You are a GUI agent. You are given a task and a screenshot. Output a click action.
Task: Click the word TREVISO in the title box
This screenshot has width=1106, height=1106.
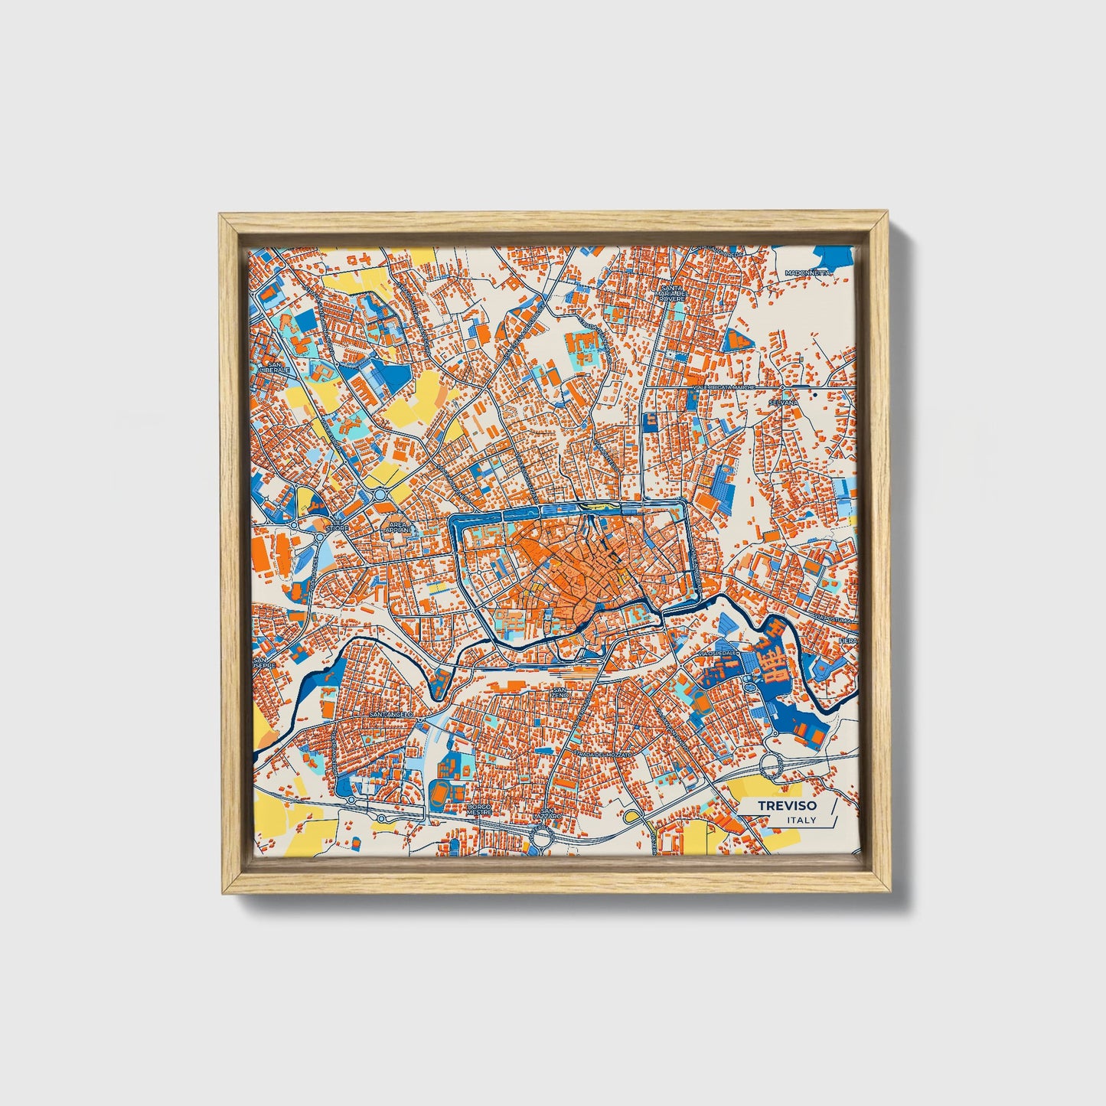(x=787, y=805)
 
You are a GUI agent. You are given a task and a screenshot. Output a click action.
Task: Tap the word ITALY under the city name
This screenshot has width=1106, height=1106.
(x=801, y=821)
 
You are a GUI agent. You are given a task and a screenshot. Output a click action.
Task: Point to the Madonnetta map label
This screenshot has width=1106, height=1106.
(x=807, y=272)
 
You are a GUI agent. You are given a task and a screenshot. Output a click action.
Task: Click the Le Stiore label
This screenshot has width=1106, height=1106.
(x=337, y=525)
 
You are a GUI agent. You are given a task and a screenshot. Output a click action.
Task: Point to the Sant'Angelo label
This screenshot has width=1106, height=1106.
(x=390, y=713)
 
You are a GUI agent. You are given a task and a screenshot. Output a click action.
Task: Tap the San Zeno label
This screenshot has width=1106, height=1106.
(x=560, y=692)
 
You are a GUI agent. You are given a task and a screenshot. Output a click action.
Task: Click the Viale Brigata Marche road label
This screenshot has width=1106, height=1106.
(x=723, y=388)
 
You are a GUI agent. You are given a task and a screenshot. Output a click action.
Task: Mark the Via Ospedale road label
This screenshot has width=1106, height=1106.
(x=719, y=653)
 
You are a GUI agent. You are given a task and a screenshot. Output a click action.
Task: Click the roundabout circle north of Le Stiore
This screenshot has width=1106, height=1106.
(x=380, y=495)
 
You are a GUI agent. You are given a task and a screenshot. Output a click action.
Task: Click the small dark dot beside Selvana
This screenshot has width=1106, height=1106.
(x=816, y=395)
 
